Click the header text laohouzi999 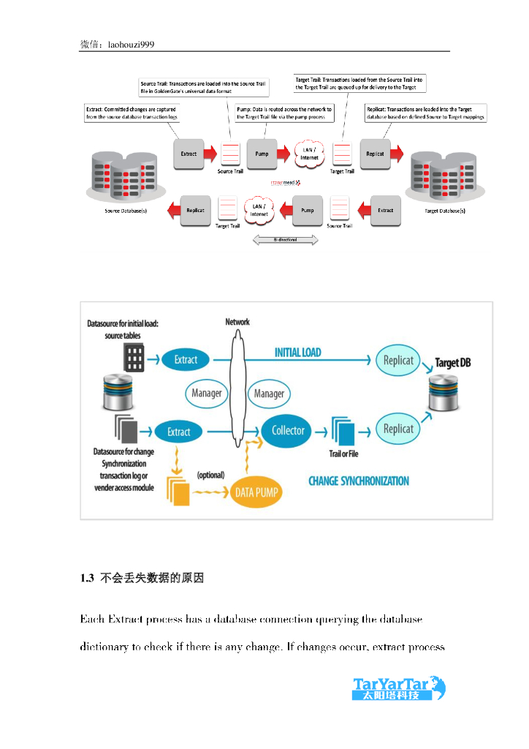pos(131,45)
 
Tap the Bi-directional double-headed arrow pos(285,240)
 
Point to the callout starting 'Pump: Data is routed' pos(284,113)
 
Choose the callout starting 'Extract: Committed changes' pos(131,113)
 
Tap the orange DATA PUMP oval pos(256,492)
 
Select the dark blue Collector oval pos(288,431)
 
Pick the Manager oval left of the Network pos(207,394)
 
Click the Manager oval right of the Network pos(269,394)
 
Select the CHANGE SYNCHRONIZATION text pos(359,481)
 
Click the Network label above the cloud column pos(237,322)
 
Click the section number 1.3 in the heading pos(87,579)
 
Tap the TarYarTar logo pos(399,688)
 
